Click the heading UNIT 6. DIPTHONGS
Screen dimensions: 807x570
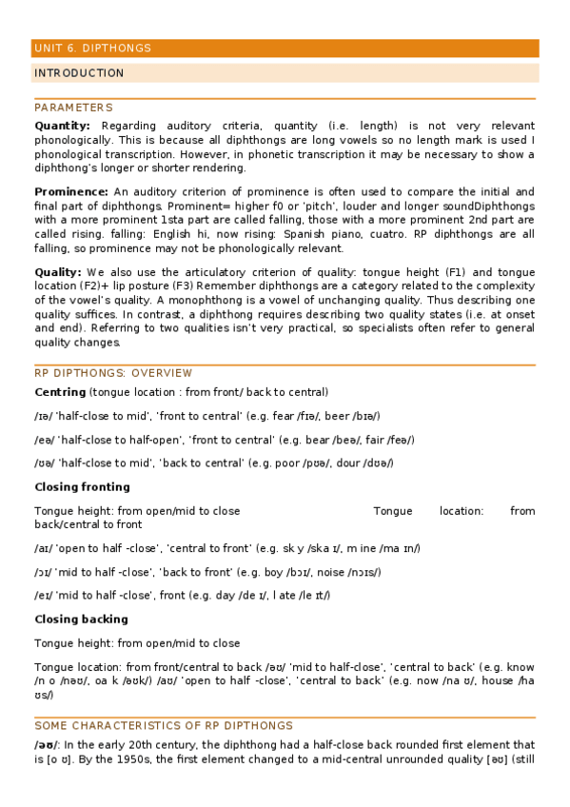coord(92,49)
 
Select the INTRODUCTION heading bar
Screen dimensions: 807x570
coord(79,73)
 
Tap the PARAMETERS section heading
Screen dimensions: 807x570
coord(73,108)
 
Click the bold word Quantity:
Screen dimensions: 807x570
coord(63,126)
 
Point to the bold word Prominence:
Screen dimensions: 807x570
coord(69,191)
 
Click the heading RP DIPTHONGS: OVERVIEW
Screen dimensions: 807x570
coord(113,373)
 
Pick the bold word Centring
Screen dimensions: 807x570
coord(61,392)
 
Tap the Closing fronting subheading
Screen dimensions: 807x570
coord(82,487)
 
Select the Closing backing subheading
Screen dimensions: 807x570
coord(81,619)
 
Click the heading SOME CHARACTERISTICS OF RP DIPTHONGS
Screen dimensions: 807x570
coord(164,725)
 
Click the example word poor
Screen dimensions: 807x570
coord(320,463)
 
